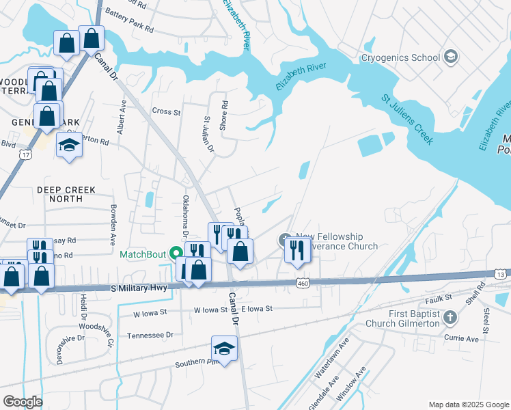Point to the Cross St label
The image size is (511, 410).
pyautogui.click(x=166, y=111)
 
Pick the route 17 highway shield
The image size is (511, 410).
pyautogui.click(x=25, y=154)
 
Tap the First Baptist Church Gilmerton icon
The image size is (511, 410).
pyautogui.click(x=450, y=317)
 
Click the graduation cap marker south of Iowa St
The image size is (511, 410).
pyautogui.click(x=223, y=350)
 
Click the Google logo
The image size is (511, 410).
pyautogui.click(x=22, y=402)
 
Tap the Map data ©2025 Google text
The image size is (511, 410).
pyautogui.click(x=468, y=405)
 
